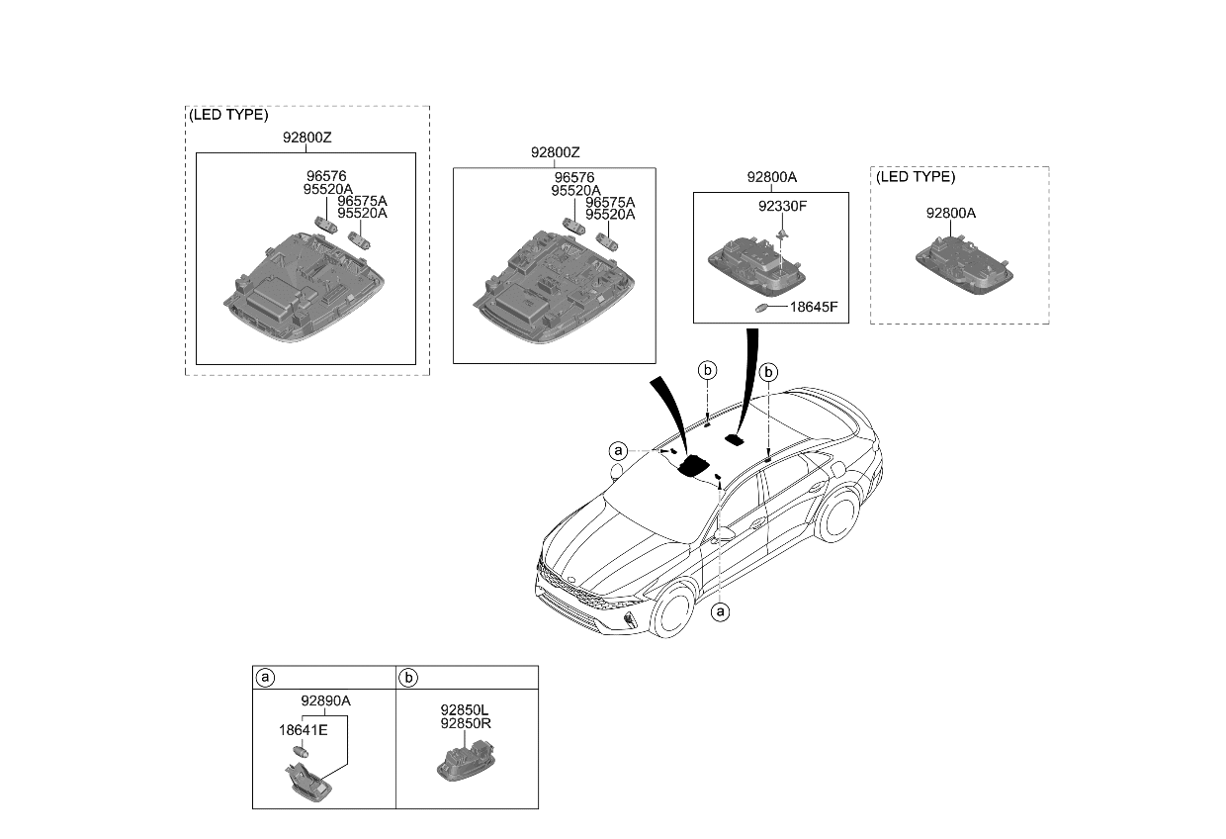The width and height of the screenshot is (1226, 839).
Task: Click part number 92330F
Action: coord(783,208)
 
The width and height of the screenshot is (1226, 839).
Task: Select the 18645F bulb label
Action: coord(813,307)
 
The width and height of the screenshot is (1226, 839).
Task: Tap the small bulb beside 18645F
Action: coord(763,308)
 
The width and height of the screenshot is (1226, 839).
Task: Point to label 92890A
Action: coord(325,700)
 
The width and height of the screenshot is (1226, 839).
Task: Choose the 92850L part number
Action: coord(466,710)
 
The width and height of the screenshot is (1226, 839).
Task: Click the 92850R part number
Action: coord(466,723)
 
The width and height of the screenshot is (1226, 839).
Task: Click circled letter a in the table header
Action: coord(265,678)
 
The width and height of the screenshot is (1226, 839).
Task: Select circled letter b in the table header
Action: coord(408,678)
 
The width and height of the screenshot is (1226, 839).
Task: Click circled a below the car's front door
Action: coord(721,611)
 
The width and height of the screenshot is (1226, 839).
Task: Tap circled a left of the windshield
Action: coord(618,451)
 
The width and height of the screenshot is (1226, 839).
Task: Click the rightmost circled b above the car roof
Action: coord(768,372)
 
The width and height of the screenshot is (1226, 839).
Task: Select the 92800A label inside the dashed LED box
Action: coord(950,213)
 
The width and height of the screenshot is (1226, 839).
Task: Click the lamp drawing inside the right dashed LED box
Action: coord(963,263)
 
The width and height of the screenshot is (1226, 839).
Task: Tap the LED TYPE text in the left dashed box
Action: coord(228,115)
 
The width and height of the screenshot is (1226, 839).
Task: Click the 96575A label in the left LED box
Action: coord(362,201)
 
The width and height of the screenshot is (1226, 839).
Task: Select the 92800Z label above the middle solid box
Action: coord(555,152)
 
